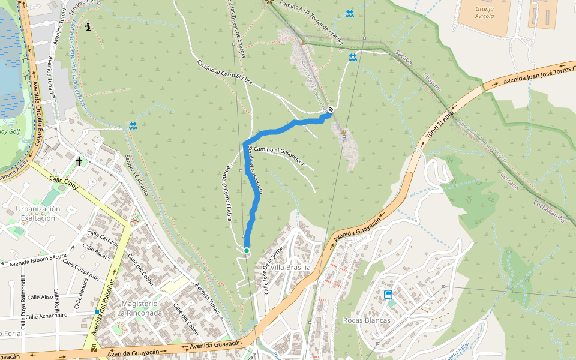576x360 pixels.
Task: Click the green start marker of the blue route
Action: point(247,250)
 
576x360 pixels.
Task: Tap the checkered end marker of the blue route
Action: point(331,109)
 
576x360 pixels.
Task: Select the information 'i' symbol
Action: point(89,27)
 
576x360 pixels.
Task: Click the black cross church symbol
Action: point(79,161)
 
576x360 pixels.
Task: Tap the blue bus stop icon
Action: point(388,295)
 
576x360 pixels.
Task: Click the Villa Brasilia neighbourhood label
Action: point(290,267)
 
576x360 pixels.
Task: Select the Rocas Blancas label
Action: point(366,320)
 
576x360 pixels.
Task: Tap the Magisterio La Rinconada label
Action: point(141,308)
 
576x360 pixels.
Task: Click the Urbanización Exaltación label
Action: point(38,214)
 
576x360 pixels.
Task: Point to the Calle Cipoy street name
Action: point(64,182)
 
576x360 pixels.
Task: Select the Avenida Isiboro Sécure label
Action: point(36,259)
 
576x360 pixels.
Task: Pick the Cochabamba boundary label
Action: point(548,211)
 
